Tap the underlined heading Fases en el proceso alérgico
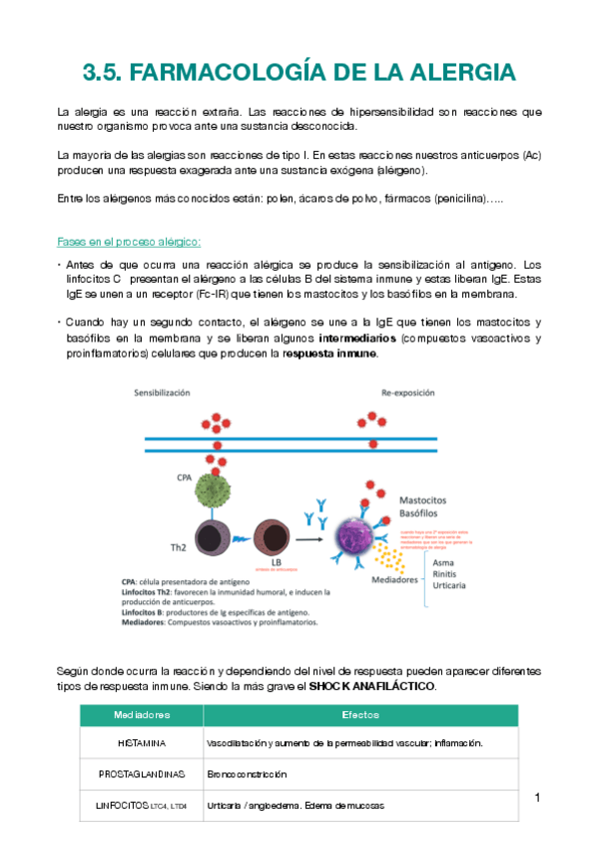pyautogui.click(x=130, y=241)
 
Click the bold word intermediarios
pyautogui.click(x=362, y=338)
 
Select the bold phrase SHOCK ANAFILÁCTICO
pyautogui.click(x=372, y=688)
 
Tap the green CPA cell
pyautogui.click(x=213, y=490)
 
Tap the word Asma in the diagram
pyautogui.click(x=442, y=562)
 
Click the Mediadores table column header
pyautogui.click(x=141, y=715)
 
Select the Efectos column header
pyautogui.click(x=360, y=715)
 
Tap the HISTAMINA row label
pyautogui.click(x=141, y=743)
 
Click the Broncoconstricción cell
pyautogui.click(x=247, y=774)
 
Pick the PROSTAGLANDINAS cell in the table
pyautogui.click(x=141, y=774)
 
